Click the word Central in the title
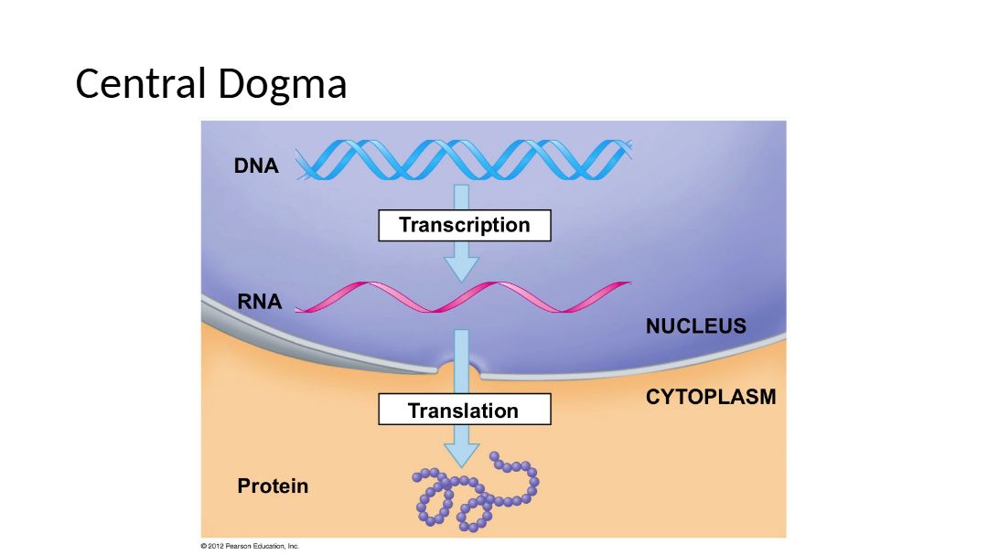(141, 84)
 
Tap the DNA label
(256, 166)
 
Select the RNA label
(260, 302)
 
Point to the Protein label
(273, 486)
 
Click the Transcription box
(464, 225)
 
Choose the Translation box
(464, 411)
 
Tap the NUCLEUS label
(695, 326)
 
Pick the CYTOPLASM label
(710, 397)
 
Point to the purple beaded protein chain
(476, 494)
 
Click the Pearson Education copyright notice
(250, 546)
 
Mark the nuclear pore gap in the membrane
(459, 370)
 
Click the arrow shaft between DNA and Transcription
(461, 197)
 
